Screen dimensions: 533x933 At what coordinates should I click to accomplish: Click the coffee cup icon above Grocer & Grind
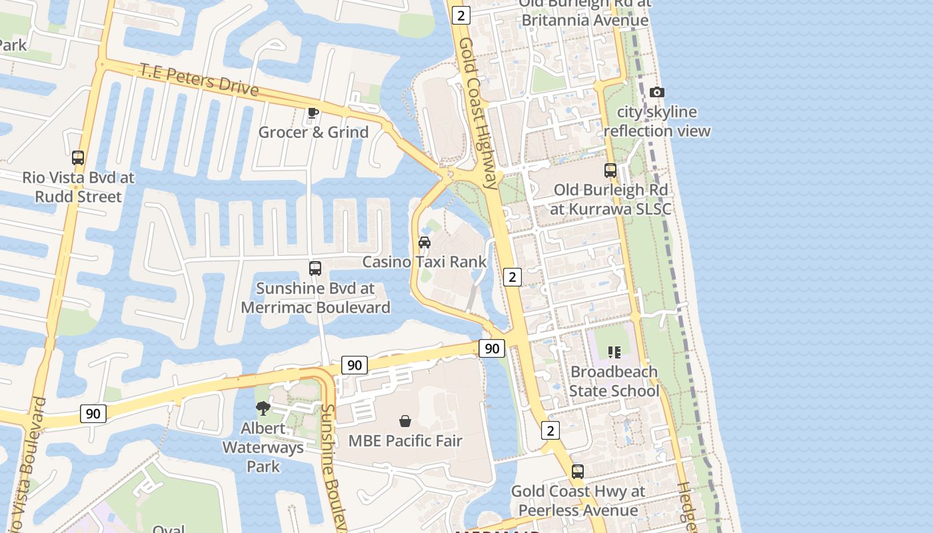pos(313,113)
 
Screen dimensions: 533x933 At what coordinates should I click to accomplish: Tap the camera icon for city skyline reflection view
pos(657,92)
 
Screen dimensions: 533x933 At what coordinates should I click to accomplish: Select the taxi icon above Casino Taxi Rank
pos(425,242)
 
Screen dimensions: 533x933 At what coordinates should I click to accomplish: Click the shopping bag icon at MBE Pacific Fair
pos(405,421)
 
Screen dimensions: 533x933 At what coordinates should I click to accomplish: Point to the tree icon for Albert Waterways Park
pos(263,408)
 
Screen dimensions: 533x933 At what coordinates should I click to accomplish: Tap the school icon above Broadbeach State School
pos(614,352)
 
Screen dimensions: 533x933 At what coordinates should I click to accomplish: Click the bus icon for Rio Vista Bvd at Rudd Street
pos(78,158)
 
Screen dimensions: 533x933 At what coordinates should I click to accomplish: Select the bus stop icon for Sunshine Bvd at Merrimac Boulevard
pos(315,268)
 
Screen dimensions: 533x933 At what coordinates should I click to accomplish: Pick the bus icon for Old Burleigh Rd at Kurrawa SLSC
pos(610,170)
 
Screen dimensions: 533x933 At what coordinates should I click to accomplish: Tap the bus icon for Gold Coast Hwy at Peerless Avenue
pos(578,472)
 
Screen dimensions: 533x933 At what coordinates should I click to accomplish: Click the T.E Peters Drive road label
pos(198,79)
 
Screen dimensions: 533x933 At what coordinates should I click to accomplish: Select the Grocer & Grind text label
pos(313,132)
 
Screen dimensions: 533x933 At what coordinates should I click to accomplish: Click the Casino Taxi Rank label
pos(425,262)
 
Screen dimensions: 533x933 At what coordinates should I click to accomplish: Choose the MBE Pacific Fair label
pos(405,441)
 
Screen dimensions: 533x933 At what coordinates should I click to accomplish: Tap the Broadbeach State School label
pos(614,381)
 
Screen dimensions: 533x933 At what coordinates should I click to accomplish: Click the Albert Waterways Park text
pos(263,447)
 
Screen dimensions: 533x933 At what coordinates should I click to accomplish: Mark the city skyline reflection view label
pos(657,121)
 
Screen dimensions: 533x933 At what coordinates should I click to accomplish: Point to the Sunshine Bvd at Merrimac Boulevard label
pos(315,298)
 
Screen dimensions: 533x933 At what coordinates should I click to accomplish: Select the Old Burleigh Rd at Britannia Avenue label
pos(584,12)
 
